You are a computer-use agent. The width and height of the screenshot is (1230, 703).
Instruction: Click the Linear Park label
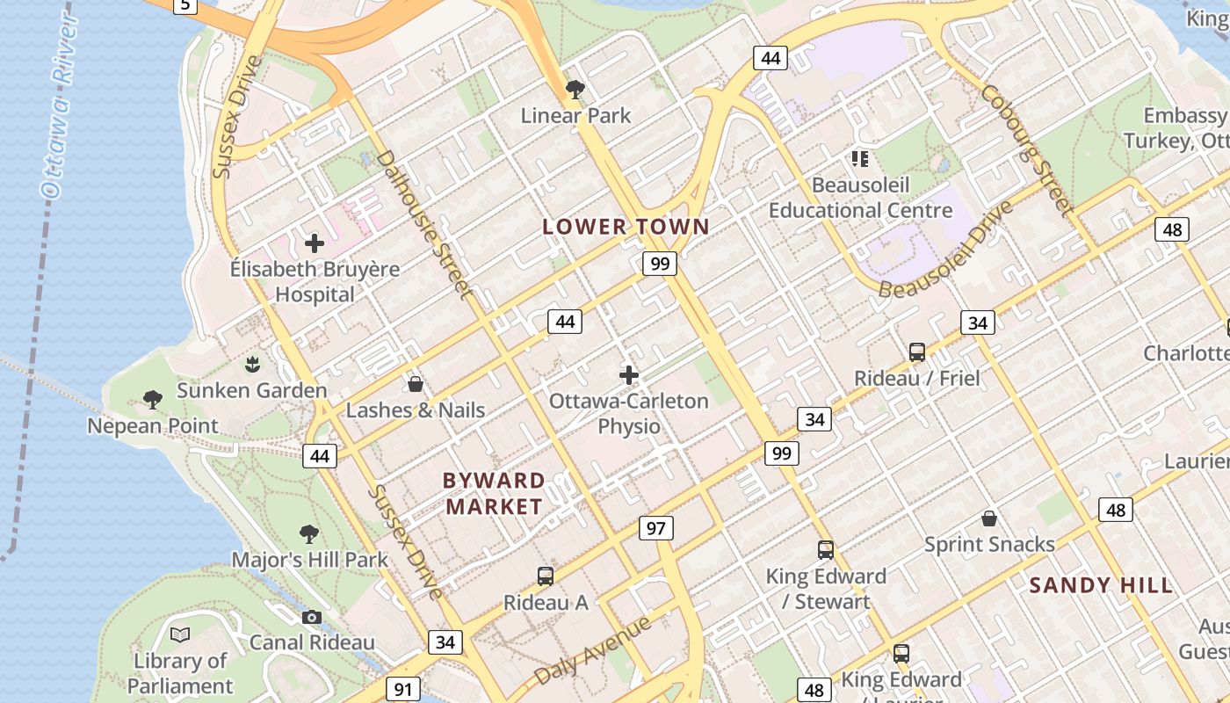pos(575,115)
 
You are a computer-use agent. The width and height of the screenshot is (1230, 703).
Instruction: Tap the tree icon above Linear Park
pos(575,89)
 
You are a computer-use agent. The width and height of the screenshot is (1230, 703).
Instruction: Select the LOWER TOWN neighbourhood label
pos(626,227)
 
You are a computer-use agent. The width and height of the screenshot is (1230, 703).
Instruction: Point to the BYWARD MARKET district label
pos(494,494)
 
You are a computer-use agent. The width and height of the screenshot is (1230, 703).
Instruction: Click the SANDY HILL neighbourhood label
pos(1101,585)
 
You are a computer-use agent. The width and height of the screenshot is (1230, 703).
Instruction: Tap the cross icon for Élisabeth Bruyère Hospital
pos(315,243)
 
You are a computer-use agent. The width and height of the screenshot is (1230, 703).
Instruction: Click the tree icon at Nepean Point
pos(153,401)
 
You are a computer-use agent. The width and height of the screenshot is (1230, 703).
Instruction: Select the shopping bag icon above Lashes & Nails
pos(416,384)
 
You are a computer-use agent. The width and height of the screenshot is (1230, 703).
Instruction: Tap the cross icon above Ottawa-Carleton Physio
pos(629,375)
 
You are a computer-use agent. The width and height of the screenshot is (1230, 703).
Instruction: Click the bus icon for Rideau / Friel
pos(917,352)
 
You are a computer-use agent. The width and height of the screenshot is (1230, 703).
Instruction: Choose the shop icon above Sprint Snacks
pos(989,518)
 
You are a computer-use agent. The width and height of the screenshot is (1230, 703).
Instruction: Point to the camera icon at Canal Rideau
pos(311,618)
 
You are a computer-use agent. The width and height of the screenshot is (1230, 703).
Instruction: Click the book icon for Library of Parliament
pos(180,634)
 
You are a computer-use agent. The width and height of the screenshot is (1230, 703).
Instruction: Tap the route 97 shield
pos(655,528)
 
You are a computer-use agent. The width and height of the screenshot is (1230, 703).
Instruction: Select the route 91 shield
pos(402,689)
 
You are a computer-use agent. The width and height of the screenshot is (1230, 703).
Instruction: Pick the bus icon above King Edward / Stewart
pos(826,550)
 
